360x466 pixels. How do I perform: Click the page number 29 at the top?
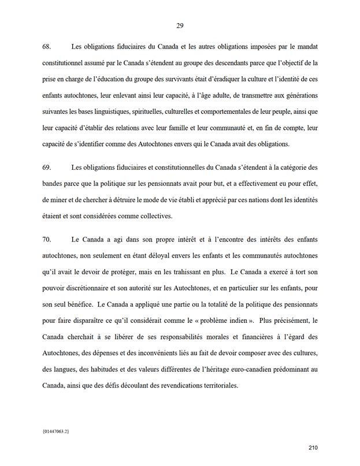[180, 25]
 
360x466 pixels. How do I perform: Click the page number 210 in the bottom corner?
[313, 447]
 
